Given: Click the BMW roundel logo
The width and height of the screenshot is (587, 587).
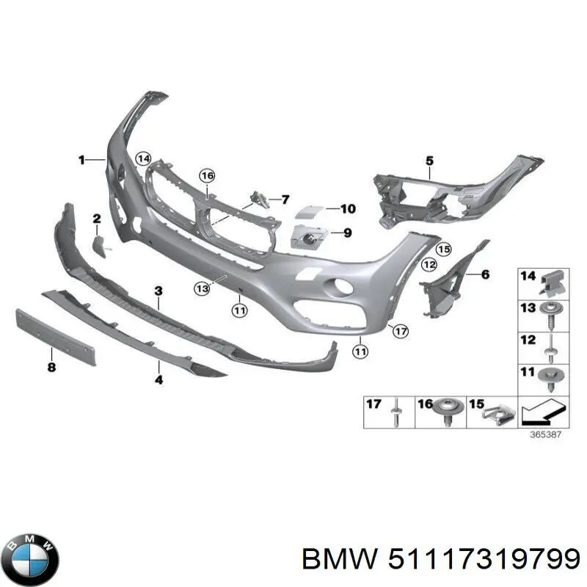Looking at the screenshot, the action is point(33,561).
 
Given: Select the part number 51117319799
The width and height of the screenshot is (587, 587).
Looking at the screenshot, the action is point(484,560).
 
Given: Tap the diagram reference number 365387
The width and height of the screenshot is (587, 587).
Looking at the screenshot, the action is point(545,434).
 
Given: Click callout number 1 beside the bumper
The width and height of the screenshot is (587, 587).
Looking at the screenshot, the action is point(81,160).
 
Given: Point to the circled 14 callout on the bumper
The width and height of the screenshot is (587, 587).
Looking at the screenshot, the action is point(143,159).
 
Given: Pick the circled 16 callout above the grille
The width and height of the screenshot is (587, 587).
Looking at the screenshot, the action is point(207,175).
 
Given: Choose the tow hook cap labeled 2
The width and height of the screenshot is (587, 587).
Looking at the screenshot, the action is point(100,246).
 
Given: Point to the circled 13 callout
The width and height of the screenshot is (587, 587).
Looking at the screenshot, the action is point(202,288).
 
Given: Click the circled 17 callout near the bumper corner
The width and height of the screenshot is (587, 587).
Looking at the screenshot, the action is point(401,331).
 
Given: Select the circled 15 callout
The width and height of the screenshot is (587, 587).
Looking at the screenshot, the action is point(444,249).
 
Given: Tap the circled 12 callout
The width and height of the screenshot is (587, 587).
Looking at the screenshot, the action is point(429,265).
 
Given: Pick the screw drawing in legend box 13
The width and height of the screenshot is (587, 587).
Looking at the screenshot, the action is point(550,316).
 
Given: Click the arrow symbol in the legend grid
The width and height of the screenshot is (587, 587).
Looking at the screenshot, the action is point(543,412).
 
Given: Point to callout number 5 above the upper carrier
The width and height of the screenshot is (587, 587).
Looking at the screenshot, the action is point(429,161).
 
